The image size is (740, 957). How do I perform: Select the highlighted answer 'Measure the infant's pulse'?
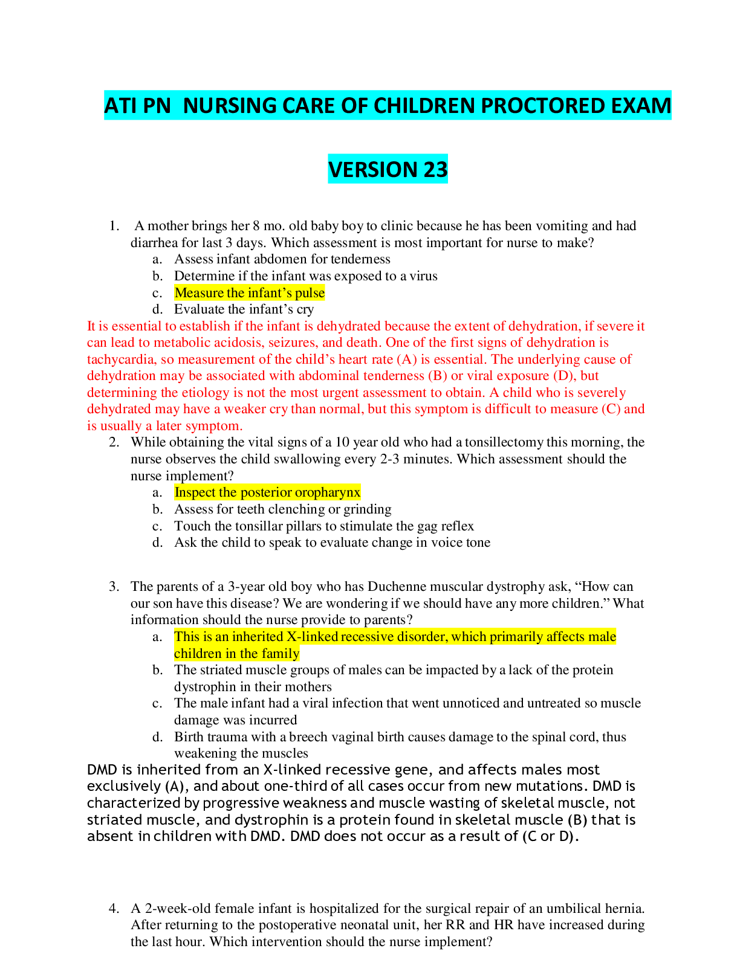(250, 293)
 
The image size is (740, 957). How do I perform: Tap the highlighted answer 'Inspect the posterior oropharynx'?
(268, 492)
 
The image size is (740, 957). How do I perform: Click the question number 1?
(114, 226)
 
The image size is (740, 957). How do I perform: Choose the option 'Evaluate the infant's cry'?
(244, 309)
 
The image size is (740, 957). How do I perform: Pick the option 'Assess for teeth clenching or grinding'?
(283, 509)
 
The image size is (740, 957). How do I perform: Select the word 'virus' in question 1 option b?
(424, 276)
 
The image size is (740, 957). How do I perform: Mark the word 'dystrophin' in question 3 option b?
(205, 687)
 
